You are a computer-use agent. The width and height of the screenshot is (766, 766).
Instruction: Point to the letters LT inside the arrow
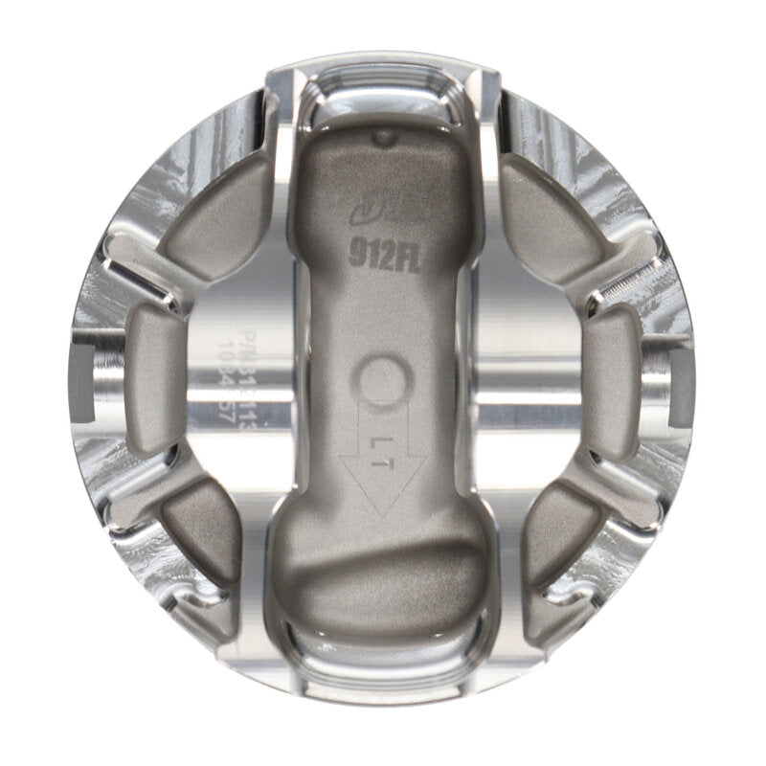pyautogui.click(x=380, y=443)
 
